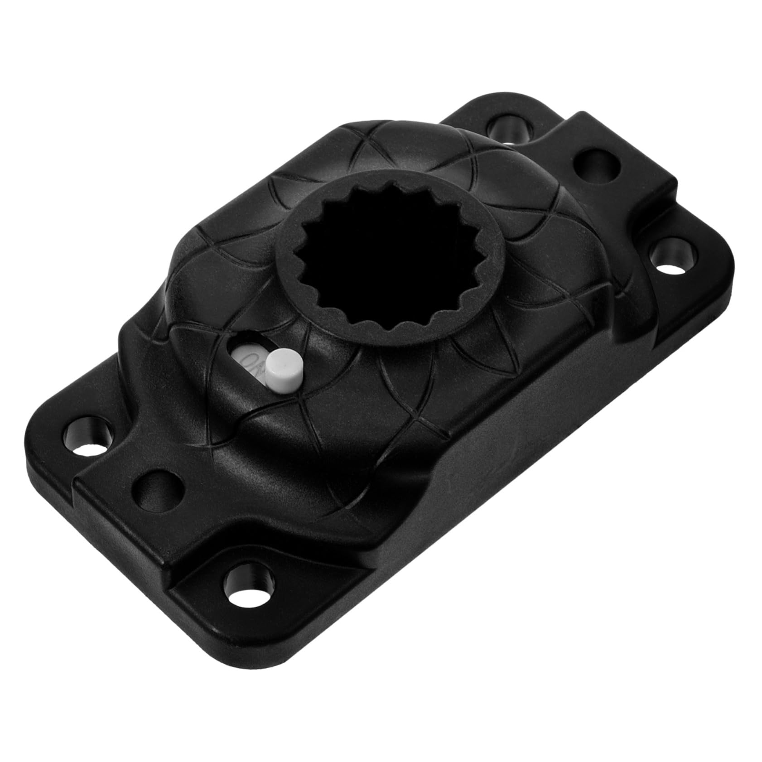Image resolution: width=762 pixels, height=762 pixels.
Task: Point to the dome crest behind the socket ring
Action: pyautogui.click(x=376, y=136)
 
